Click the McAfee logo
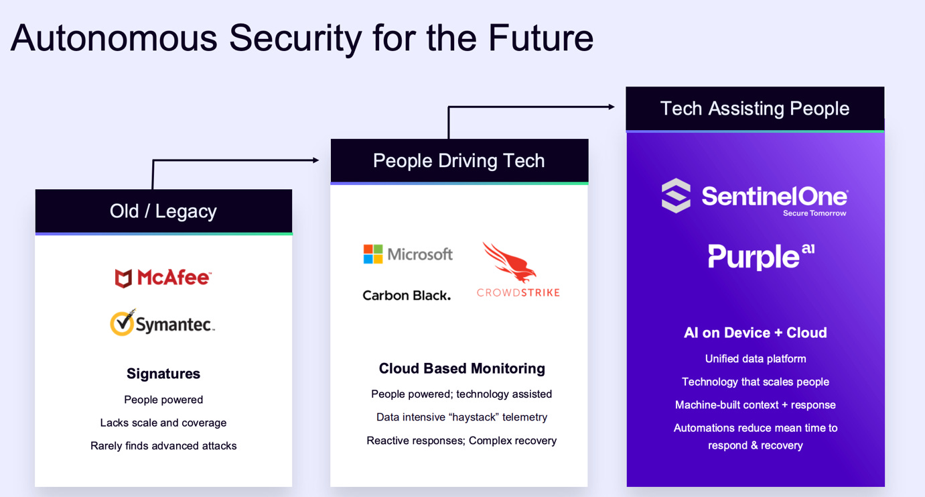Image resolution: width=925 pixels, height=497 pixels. [x=163, y=278]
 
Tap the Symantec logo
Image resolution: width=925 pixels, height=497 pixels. [x=163, y=323]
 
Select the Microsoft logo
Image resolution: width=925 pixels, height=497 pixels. [x=408, y=254]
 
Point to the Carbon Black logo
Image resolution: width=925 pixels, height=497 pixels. [x=407, y=295]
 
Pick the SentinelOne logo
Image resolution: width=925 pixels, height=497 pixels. [x=754, y=197]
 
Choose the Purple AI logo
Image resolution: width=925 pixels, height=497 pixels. [x=761, y=256]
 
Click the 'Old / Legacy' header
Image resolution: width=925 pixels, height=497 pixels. [x=163, y=211]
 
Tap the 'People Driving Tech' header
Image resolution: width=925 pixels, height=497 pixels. [x=459, y=161]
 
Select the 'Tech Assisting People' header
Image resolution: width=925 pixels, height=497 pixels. [x=755, y=109]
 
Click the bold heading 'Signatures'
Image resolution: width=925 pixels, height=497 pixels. [x=163, y=374]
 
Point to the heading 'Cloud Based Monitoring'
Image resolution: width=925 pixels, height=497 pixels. [x=461, y=368]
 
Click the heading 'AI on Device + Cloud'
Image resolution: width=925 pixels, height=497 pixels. [x=755, y=333]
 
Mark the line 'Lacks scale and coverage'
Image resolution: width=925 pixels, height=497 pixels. [x=163, y=423]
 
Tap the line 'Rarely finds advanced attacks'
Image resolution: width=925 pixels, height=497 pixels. [x=163, y=445]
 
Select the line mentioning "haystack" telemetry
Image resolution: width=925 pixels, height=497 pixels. [x=461, y=417]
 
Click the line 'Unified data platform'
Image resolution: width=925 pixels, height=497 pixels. [x=755, y=359]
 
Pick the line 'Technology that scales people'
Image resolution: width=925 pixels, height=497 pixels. [x=755, y=382]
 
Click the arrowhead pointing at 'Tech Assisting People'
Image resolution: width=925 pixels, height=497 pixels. [x=610, y=107]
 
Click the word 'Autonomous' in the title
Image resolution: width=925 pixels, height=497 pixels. [x=114, y=38]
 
